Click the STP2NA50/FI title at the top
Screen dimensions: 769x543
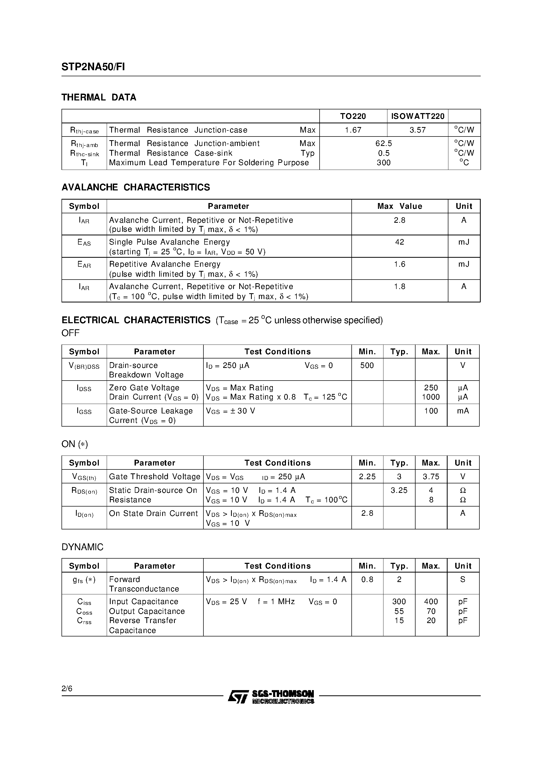(93, 67)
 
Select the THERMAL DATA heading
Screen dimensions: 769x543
(99, 98)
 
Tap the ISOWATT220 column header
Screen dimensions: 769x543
(417, 116)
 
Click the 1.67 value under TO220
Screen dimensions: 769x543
(353, 130)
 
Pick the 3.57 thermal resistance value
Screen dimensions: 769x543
(417, 130)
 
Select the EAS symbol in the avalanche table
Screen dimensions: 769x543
(84, 242)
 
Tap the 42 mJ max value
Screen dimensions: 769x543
(399, 242)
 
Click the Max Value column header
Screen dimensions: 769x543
(399, 206)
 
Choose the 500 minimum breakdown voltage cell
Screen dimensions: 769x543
(367, 365)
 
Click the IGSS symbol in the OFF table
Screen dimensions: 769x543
(84, 411)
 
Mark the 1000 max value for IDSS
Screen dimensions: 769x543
(431, 397)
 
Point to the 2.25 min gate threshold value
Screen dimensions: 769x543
(367, 477)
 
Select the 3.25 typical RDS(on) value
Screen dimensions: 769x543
(399, 490)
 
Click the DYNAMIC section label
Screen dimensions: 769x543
(82, 547)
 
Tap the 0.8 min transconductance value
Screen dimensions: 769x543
(367, 579)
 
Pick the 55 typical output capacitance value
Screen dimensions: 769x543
(399, 611)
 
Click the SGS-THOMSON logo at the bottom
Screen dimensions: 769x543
(271, 697)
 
